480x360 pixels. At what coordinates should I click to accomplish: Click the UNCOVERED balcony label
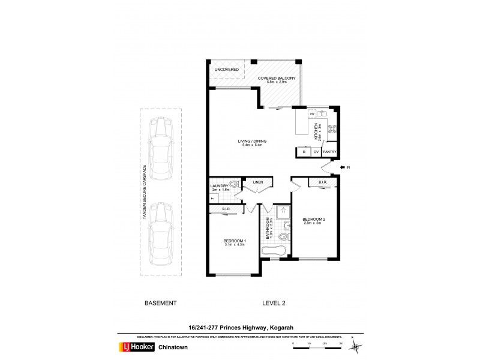[226, 70]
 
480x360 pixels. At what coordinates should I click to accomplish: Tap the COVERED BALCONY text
[276, 79]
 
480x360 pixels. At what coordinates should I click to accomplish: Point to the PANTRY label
[329, 152]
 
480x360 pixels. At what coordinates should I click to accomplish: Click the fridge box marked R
[304, 152]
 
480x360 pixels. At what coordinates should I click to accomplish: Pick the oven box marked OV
[316, 152]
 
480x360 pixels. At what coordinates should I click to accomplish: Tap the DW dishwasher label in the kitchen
[313, 113]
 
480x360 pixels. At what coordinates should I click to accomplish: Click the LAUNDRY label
[218, 186]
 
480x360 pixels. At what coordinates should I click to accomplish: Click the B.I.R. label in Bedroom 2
[322, 182]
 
